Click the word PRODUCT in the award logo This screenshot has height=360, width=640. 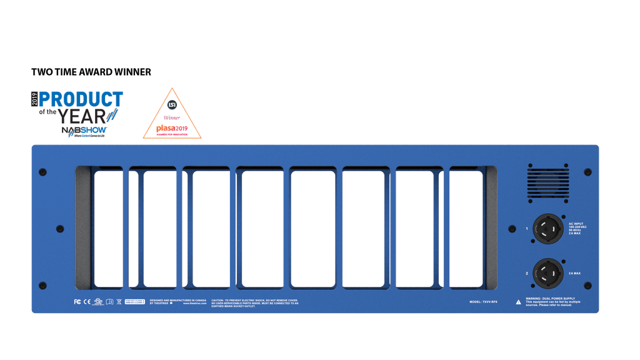point(81,99)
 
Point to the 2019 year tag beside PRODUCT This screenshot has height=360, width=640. point(35,99)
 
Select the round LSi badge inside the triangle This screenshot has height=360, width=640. point(172,104)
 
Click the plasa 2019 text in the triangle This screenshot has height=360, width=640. point(172,129)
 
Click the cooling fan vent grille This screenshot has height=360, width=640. point(547,182)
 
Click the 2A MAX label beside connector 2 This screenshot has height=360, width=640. point(575,274)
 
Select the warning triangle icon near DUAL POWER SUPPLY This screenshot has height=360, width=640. point(518,302)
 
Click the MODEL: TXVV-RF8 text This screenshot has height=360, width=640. point(484,301)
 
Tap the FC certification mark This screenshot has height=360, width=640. point(77,302)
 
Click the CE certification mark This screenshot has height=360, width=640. point(87,302)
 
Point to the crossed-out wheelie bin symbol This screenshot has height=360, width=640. point(119,302)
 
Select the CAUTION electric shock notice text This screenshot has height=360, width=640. point(255,302)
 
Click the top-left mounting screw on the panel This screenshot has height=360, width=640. point(43,172)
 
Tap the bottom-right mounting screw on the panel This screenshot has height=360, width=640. point(587,286)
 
